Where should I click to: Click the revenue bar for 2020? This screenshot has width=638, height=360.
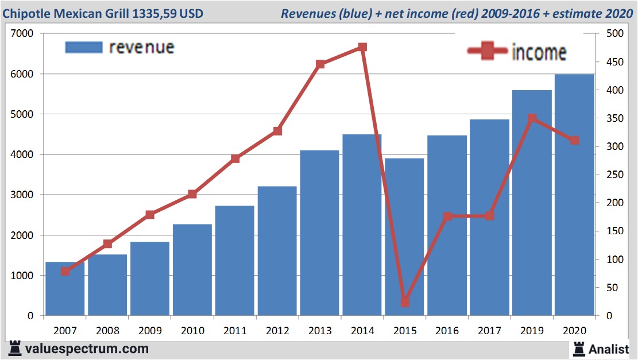(x=574, y=195)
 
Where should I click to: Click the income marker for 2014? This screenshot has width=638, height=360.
(x=362, y=47)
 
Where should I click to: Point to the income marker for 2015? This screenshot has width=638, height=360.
(x=405, y=302)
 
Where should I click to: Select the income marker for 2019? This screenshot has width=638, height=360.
(x=532, y=118)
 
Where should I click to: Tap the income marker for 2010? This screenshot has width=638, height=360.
(x=192, y=194)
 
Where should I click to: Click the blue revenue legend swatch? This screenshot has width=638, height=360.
(x=84, y=47)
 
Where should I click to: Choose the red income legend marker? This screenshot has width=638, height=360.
(x=488, y=52)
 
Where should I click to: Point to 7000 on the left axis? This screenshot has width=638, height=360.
(x=22, y=34)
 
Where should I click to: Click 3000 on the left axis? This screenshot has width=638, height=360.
(x=22, y=195)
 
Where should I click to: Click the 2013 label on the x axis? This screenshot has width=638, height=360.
(x=319, y=331)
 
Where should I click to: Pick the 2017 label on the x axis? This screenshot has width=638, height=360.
(x=489, y=331)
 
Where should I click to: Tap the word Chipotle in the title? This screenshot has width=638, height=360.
(x=27, y=13)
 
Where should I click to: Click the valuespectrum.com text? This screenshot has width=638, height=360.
(x=87, y=349)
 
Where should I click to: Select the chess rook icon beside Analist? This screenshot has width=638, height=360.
(x=578, y=349)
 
